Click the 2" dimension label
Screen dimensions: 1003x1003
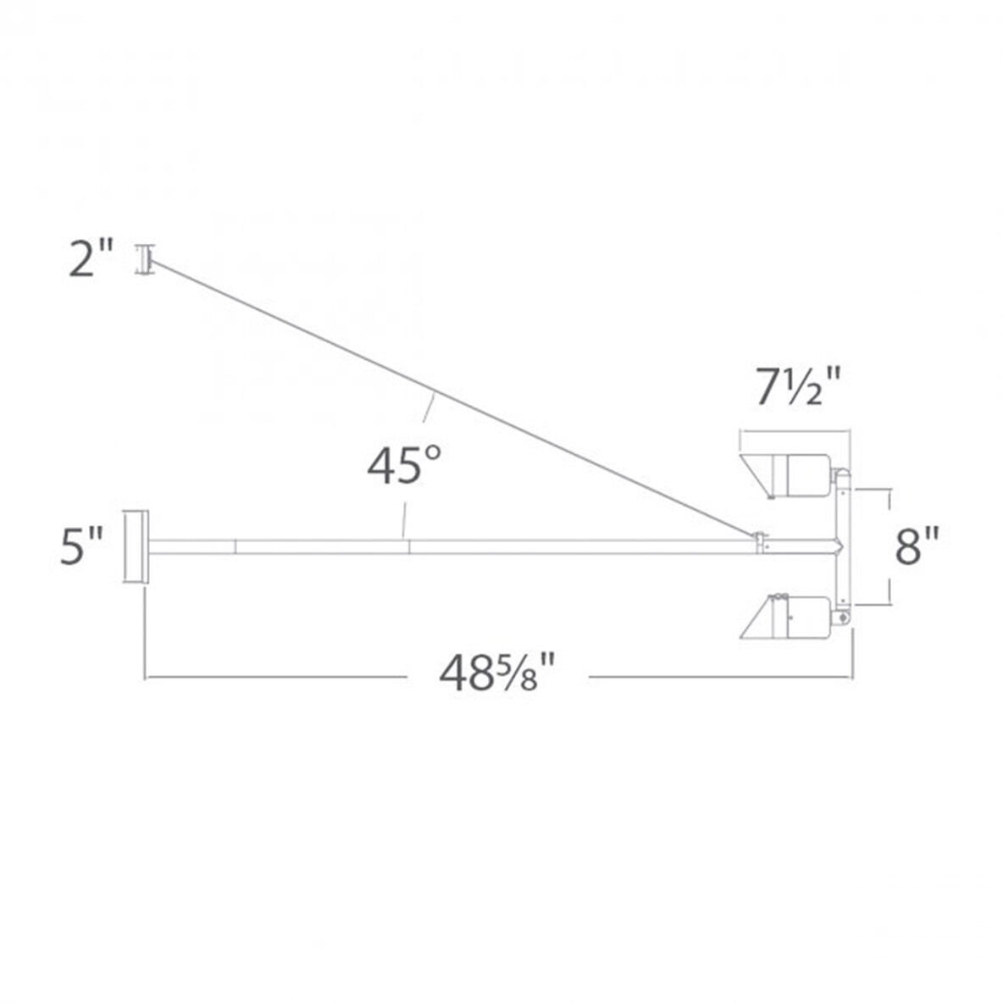(x=91, y=260)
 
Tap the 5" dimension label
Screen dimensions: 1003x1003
(x=83, y=546)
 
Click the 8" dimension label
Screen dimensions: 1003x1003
(x=917, y=546)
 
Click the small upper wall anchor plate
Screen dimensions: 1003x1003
(x=144, y=259)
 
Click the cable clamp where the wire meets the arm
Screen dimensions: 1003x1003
(x=760, y=540)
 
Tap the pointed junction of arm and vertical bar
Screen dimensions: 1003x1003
(x=839, y=546)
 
